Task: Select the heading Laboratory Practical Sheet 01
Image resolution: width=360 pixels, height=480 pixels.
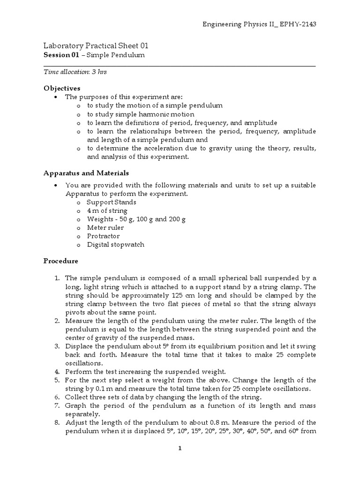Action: coord(96,45)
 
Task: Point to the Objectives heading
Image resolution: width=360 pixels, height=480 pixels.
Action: coord(62,88)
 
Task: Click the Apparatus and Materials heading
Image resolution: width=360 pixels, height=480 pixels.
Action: coord(86,173)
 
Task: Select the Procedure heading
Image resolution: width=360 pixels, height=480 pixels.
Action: coord(60,261)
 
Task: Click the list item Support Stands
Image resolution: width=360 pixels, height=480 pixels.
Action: coord(112,202)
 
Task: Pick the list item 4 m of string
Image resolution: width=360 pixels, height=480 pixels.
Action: coord(107,210)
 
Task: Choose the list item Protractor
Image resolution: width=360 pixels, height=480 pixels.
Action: coord(103,236)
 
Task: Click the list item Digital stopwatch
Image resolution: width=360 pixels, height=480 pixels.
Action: coord(115,244)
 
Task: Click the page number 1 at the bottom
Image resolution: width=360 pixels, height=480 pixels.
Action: coord(180,448)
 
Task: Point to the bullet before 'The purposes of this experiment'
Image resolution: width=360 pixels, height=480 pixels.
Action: coord(56,97)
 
